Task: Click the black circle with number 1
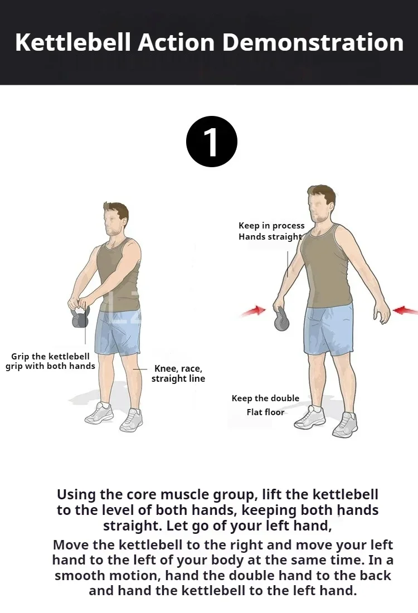tap(212, 142)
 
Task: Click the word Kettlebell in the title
tap(72, 42)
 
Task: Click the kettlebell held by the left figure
tap(81, 317)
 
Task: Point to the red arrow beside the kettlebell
tap(254, 311)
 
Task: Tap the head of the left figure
tap(116, 219)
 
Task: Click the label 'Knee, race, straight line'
tap(178, 373)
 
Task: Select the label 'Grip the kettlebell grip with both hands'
tap(51, 361)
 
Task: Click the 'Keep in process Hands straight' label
tap(271, 231)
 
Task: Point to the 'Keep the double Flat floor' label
tap(265, 405)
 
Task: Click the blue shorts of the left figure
tap(118, 333)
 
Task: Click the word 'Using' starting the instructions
tap(77, 495)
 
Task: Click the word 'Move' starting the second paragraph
tap(71, 544)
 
